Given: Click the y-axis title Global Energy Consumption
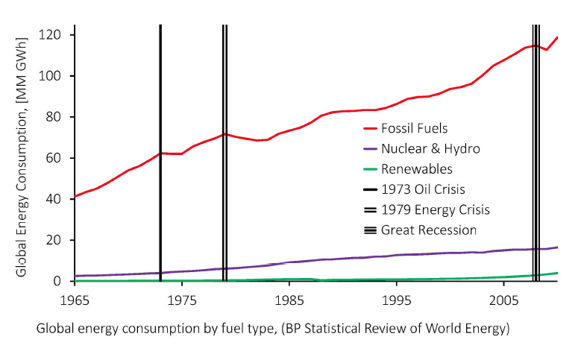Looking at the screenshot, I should coord(25,154).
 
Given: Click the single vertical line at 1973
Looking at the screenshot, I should coord(160,112).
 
